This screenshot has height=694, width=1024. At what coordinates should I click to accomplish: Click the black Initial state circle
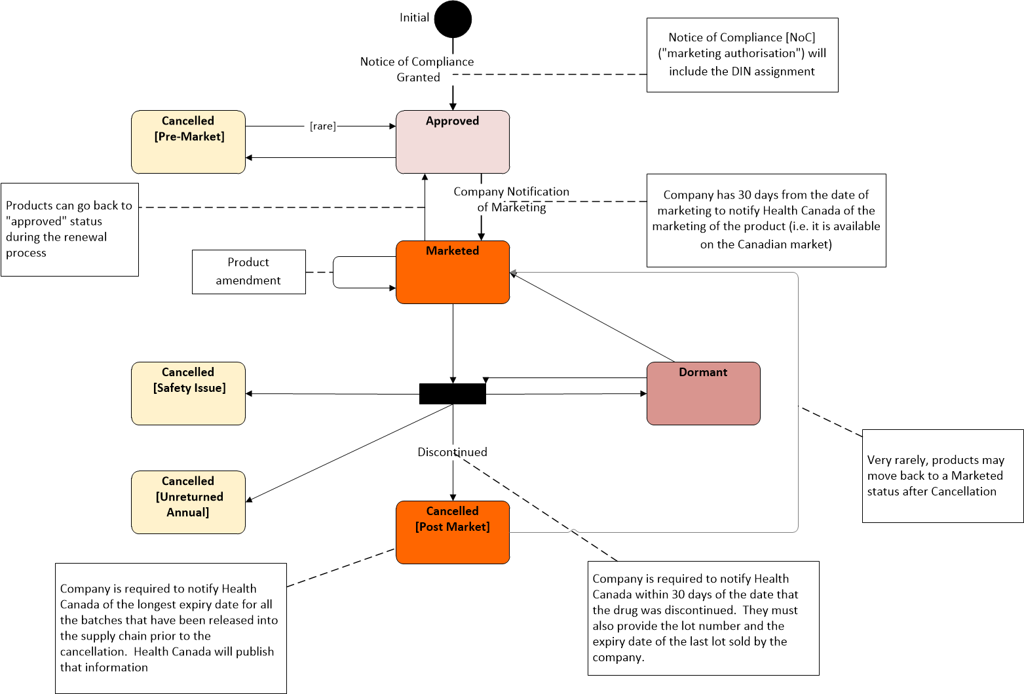coord(453,19)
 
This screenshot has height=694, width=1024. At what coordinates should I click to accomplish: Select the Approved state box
coord(453,142)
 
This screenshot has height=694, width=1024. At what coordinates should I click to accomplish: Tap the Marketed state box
coord(453,272)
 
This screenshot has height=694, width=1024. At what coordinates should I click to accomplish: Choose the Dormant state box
coord(704,394)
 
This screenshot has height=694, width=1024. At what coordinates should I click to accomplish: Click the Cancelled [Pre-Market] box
coord(188,142)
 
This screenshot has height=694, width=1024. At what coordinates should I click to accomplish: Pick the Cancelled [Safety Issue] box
coord(188,394)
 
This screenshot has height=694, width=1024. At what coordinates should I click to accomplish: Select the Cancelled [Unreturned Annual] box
coord(188,503)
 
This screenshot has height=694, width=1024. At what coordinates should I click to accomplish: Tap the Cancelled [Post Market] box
coord(453,533)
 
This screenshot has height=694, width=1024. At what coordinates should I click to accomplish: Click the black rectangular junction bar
coord(453,394)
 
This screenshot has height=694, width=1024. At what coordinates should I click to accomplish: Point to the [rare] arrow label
coord(323,126)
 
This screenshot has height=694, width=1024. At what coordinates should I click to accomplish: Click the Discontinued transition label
coord(453,452)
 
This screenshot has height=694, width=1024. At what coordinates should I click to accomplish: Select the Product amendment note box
coord(249,272)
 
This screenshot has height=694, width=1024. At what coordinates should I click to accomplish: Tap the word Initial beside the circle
coord(414,18)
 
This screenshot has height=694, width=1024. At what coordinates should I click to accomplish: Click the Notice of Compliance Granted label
coord(417,69)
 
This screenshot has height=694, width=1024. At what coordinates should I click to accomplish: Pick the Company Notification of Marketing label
coord(511,199)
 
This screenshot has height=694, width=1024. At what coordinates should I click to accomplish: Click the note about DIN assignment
coord(742,55)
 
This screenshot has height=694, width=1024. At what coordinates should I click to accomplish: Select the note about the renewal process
coord(70,229)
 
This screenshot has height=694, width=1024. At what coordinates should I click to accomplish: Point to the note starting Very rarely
coord(943,476)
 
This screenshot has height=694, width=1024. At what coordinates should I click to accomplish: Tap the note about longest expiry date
coord(171,628)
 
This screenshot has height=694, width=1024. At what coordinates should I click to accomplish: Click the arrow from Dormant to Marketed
coord(592,317)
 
